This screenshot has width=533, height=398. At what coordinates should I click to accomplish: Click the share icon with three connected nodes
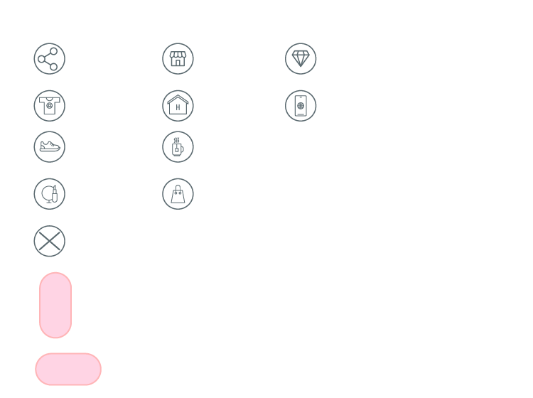pyautogui.click(x=49, y=59)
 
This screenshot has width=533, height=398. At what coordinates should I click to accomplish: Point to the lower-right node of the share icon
pyautogui.click(x=54, y=66)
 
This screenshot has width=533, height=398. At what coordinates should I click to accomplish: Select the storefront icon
pyautogui.click(x=178, y=59)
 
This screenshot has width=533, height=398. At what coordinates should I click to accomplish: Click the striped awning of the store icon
pyautogui.click(x=178, y=54)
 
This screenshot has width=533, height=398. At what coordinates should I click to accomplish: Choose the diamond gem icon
pyautogui.click(x=301, y=59)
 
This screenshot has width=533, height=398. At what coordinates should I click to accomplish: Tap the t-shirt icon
pyautogui.click(x=49, y=106)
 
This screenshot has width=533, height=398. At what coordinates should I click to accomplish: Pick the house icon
pyautogui.click(x=178, y=106)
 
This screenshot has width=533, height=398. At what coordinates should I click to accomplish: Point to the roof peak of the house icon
pyautogui.click(x=178, y=95)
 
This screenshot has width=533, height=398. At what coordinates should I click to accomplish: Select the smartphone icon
pyautogui.click(x=301, y=106)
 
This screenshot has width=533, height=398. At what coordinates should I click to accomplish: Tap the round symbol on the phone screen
pyautogui.click(x=301, y=106)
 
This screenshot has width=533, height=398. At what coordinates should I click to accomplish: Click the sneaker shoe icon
pyautogui.click(x=49, y=147)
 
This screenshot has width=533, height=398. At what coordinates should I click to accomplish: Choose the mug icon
pyautogui.click(x=178, y=147)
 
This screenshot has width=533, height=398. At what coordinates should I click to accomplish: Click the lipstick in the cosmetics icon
pyautogui.click(x=54, y=194)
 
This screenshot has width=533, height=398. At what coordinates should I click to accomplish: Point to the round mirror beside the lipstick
pyautogui.click(x=46, y=193)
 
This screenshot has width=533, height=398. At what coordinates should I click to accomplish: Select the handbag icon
pyautogui.click(x=178, y=194)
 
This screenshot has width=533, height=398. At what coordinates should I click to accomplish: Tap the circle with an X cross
pyautogui.click(x=49, y=241)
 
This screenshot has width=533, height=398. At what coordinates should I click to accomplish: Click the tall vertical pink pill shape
pyautogui.click(x=55, y=305)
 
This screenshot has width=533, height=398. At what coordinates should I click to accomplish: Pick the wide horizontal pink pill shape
pyautogui.click(x=68, y=369)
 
